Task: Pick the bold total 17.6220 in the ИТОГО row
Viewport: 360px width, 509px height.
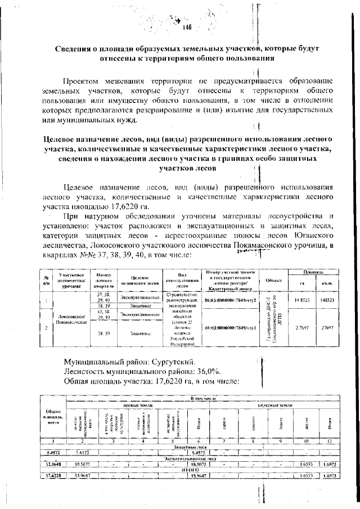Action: click(49, 475)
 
